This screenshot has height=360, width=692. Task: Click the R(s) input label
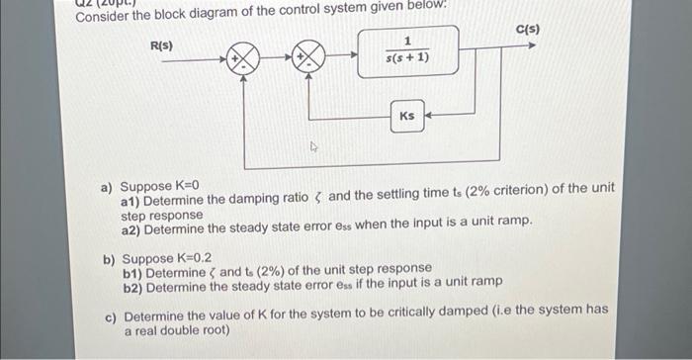pyautogui.click(x=161, y=46)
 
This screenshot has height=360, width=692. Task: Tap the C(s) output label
pyautogui.click(x=528, y=31)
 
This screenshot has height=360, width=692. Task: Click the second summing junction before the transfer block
pyautogui.click(x=309, y=58)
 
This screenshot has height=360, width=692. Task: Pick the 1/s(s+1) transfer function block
pyautogui.click(x=407, y=52)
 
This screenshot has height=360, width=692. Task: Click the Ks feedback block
pyautogui.click(x=407, y=116)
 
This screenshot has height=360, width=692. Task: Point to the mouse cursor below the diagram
pyautogui.click(x=313, y=147)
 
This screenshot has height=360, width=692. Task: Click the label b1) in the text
pyautogui.click(x=134, y=269)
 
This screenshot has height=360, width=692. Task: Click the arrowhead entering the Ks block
pyautogui.click(x=430, y=116)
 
